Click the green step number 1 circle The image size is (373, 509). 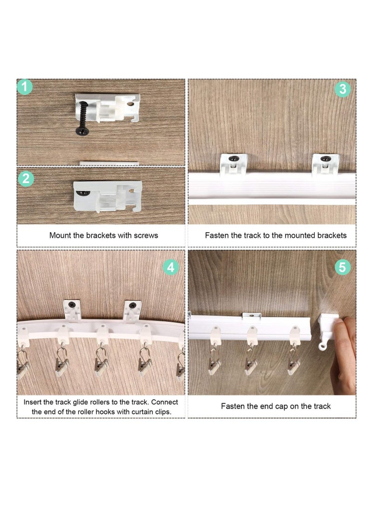(x=25, y=87)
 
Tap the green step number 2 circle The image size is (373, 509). (x=26, y=179)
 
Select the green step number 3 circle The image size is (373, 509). (x=343, y=89)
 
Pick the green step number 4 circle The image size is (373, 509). (x=171, y=267)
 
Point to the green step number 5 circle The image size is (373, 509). (x=343, y=267)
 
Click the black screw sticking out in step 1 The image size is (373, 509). (x=82, y=118)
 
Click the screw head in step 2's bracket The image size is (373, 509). (x=83, y=193)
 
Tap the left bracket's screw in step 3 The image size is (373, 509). (x=234, y=159)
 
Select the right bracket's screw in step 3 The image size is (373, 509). (x=325, y=159)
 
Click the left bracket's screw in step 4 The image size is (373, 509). (x=72, y=305)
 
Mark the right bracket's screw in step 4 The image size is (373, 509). (x=133, y=306)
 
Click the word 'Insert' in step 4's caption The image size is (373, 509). (x=33, y=402)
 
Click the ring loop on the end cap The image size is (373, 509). (x=322, y=346)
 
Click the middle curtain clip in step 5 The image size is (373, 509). (x=250, y=363)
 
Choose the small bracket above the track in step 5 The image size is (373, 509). (x=251, y=315)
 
